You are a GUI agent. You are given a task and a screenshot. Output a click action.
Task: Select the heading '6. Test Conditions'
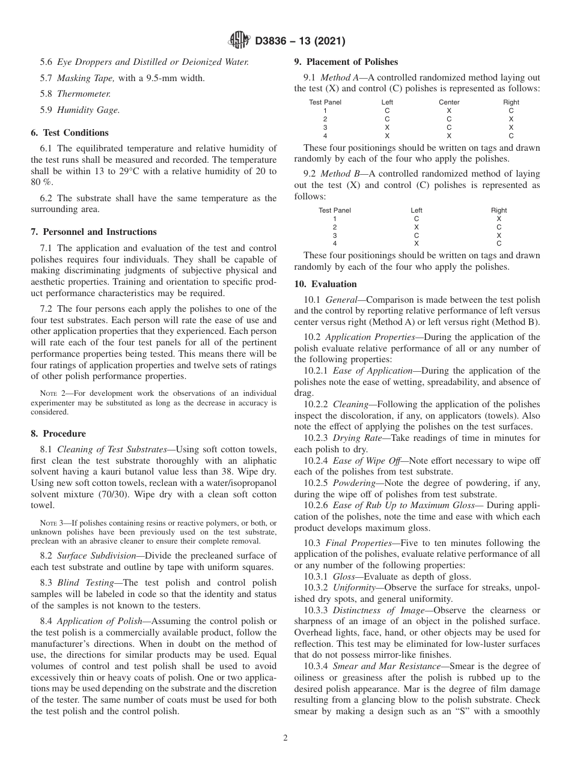click(x=70, y=133)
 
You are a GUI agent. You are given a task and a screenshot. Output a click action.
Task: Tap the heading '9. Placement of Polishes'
click(x=346, y=62)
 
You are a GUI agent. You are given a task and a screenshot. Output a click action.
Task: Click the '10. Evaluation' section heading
click(x=325, y=284)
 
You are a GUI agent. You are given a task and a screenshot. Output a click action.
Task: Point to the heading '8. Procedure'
click(x=58, y=434)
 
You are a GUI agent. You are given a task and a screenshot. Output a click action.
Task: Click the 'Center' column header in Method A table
click(x=449, y=102)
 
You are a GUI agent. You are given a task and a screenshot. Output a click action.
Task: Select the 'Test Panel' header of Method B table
click(x=335, y=210)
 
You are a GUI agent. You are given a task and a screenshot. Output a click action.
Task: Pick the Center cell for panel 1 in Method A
click(x=449, y=111)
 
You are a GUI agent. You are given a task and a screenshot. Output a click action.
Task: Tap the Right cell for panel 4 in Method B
click(x=499, y=244)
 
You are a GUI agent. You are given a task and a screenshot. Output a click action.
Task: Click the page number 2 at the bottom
click(x=285, y=738)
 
